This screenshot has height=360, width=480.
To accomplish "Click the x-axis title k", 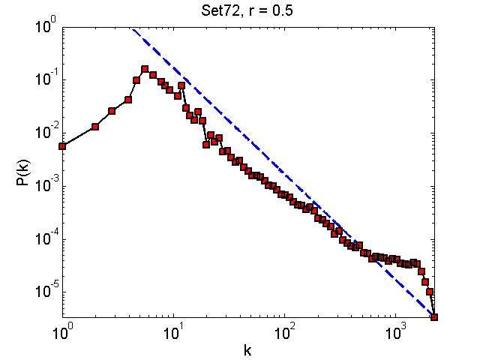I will point(247,349).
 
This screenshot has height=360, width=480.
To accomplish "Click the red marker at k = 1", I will point(62,146).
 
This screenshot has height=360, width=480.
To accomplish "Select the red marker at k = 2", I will point(95,127).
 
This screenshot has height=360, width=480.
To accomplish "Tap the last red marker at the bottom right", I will point(433,317).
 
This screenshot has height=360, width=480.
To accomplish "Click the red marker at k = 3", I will point(112,111).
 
